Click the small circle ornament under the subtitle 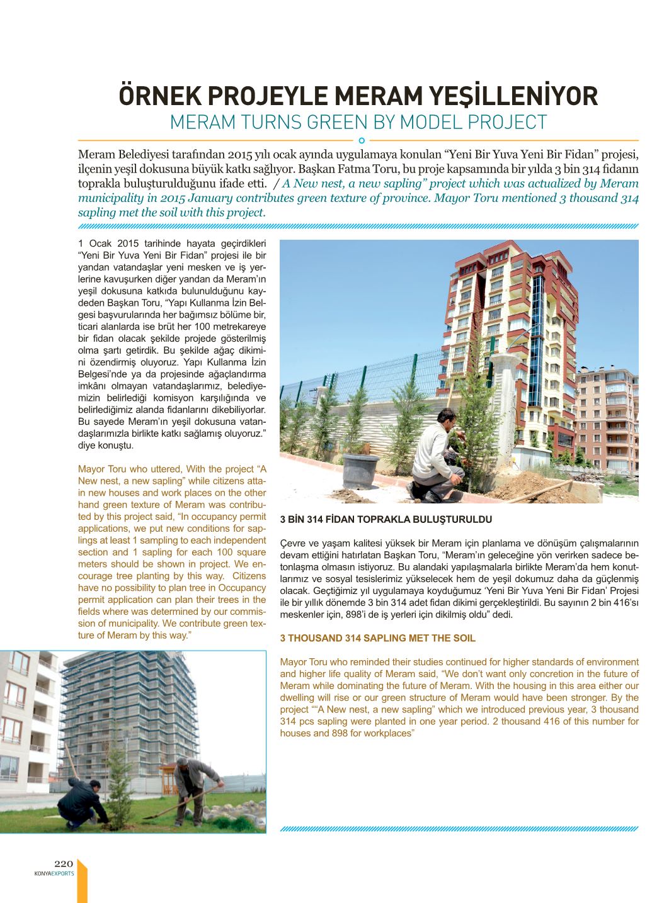361,140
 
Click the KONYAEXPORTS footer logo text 55,873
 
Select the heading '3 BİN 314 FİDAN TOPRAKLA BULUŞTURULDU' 386,520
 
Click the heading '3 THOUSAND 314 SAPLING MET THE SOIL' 377,638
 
